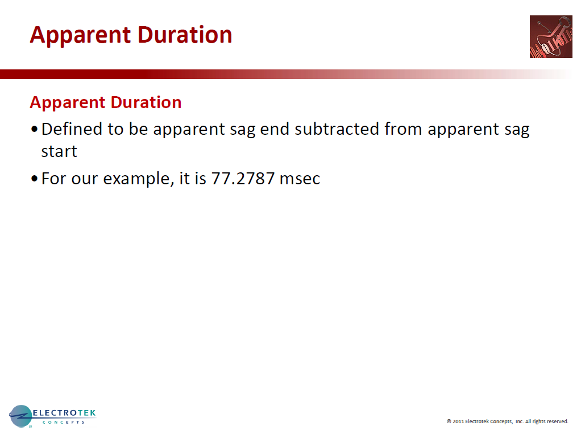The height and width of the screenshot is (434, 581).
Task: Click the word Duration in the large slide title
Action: [x=185, y=35]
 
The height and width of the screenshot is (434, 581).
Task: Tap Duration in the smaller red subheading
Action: [x=146, y=102]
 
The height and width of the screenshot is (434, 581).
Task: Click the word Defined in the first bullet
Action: [x=72, y=129]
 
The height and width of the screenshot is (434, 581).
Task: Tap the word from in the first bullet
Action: [x=403, y=129]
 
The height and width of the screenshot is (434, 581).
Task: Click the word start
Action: [x=59, y=151]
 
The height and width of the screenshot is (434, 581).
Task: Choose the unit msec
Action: [x=300, y=179]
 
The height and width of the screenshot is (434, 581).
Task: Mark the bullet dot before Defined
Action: [x=35, y=129]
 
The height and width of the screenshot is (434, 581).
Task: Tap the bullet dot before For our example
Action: [x=35, y=179]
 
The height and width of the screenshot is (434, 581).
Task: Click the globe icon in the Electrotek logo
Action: [x=20, y=416]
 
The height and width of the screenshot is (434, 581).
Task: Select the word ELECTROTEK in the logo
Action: [x=64, y=413]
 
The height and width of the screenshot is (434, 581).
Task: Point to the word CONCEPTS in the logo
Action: [x=63, y=422]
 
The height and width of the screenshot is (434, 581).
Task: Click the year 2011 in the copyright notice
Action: [x=458, y=421]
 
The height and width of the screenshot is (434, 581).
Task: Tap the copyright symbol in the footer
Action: [x=449, y=421]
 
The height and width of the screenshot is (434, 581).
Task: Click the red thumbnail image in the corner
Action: [x=551, y=37]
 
